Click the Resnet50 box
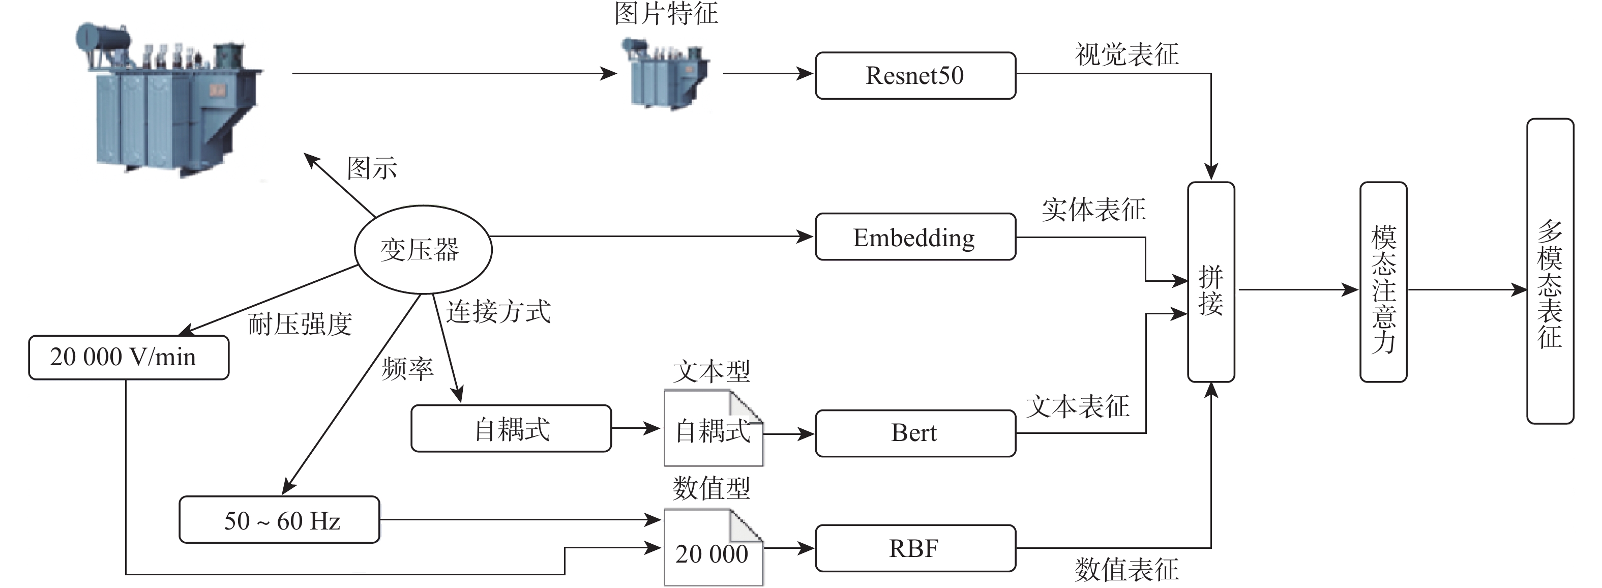[915, 75]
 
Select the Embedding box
[915, 237]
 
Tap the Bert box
[915, 433]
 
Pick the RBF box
[915, 548]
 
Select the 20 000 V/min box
[128, 357]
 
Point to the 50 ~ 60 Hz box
[279, 520]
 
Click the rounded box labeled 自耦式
[511, 429]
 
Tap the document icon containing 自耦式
[713, 429]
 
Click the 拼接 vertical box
[1211, 282]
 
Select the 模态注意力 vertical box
[1383, 282]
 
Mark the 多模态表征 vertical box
[1550, 271]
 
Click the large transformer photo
[168, 100]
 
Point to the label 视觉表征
[1126, 55]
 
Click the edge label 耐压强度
[300, 324]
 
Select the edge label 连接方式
[498, 312]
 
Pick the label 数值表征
[1126, 569]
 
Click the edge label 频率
[407, 369]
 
